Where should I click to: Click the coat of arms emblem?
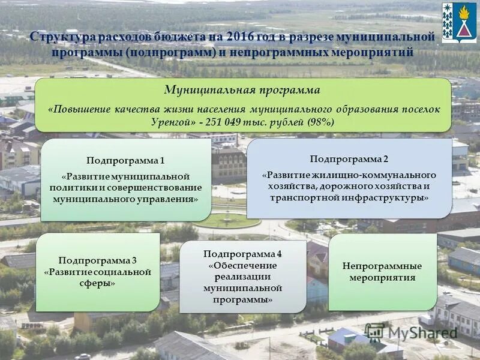pyautogui.click(x=459, y=23)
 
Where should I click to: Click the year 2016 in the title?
pyautogui.click(x=236, y=38)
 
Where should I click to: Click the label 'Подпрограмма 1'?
pyautogui.click(x=125, y=161)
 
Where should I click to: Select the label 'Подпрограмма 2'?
pyautogui.click(x=349, y=159)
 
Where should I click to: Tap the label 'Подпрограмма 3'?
pyautogui.click(x=98, y=260)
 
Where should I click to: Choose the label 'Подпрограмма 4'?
pyautogui.click(x=242, y=254)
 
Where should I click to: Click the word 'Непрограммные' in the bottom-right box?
pyautogui.click(x=382, y=266)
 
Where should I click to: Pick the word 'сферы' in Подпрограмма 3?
pyautogui.click(x=98, y=283)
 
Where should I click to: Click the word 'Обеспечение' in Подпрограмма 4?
pyautogui.click(x=242, y=265)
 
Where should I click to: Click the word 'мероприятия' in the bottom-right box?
pyautogui.click(x=382, y=278)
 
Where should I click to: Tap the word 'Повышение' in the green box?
pyautogui.click(x=76, y=110)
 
